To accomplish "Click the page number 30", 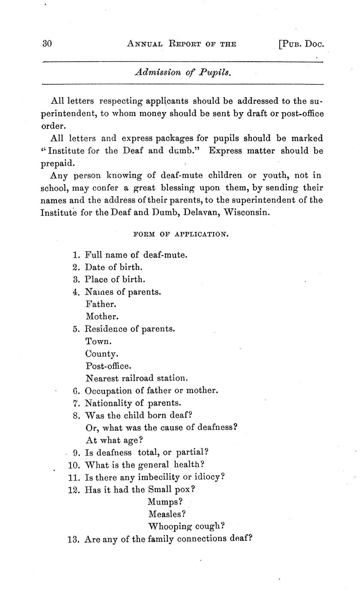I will (x=47, y=44).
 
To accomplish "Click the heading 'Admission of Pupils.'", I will (x=183, y=72).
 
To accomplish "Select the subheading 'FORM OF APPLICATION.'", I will (x=181, y=234).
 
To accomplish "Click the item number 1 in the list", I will (x=76, y=255).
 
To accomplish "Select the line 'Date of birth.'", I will (x=113, y=267).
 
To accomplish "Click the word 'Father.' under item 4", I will (x=101, y=304).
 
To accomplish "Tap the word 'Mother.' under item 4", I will (x=102, y=317).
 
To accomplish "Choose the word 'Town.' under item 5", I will (x=98, y=342).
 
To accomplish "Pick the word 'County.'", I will (x=102, y=354).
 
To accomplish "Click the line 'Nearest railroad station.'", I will (x=137, y=379).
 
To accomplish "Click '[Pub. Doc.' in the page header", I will (x=300, y=44).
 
